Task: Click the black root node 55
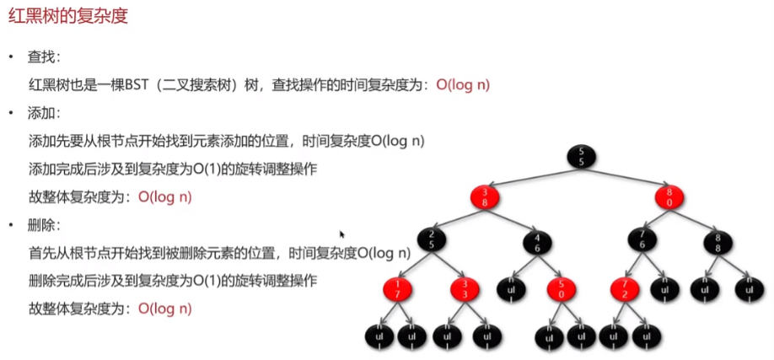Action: click(582, 157)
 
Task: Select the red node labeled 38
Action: click(485, 197)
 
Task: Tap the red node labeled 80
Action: click(669, 197)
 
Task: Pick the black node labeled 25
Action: click(432, 240)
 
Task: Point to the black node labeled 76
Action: click(642, 240)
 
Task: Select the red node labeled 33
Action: click(465, 289)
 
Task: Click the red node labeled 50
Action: click(562, 289)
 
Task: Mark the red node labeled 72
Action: click(625, 289)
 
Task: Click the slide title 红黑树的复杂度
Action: click(68, 16)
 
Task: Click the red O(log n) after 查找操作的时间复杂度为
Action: click(463, 85)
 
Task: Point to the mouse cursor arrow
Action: click(342, 234)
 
